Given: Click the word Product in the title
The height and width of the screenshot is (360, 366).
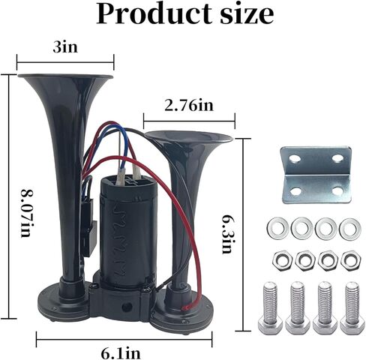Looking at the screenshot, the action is coord(154,14).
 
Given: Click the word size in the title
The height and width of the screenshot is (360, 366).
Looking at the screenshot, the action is coord(247,14).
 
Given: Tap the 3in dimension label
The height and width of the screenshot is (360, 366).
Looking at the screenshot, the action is coord(65,46).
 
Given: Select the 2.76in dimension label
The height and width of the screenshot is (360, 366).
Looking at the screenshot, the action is coord(189,105).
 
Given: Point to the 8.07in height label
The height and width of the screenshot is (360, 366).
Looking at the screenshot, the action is coord(27,213).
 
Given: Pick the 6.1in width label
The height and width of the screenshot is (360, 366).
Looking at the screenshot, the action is coord(121,352).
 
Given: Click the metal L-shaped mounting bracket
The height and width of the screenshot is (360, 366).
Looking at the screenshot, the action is coord(316,175).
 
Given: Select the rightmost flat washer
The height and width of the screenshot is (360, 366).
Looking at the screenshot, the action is coord(350,228).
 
